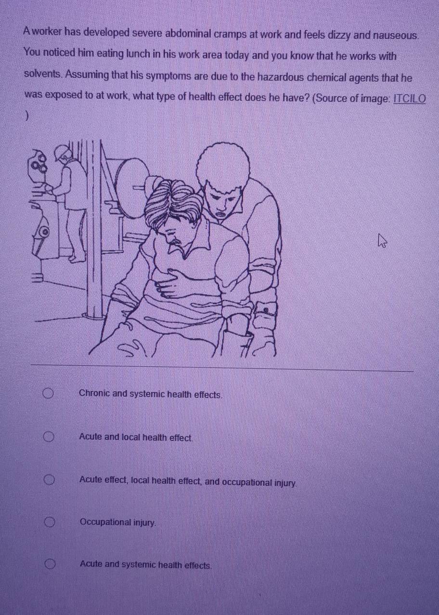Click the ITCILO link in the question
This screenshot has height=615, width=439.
(x=410, y=98)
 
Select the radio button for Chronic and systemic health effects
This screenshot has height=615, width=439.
(x=48, y=394)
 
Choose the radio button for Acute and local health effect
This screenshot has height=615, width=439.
(x=49, y=437)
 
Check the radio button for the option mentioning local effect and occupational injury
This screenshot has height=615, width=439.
(x=50, y=480)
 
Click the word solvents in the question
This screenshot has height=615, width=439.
(x=43, y=74)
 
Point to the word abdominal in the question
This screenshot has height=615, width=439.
(x=188, y=34)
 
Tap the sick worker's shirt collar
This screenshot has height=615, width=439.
(x=187, y=242)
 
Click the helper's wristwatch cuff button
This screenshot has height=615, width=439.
(x=266, y=310)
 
